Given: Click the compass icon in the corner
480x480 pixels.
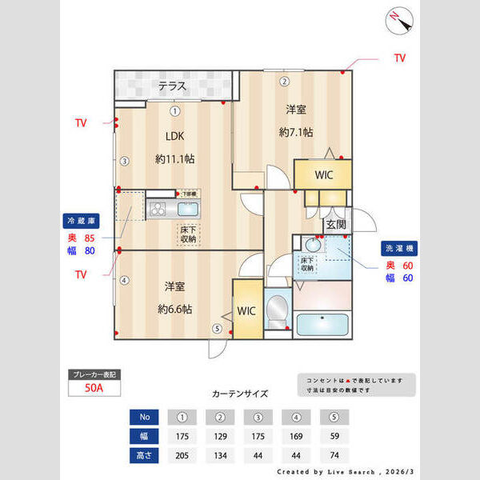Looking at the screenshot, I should [398, 19].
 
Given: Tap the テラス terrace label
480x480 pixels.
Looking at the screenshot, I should [172, 86].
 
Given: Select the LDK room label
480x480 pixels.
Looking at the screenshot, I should [175, 135].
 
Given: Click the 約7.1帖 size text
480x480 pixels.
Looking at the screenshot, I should [295, 132].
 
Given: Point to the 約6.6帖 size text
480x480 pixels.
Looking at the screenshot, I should [174, 309].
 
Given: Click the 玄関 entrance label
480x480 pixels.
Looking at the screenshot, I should [335, 226].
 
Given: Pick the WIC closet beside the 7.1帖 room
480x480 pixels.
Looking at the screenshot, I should [324, 174].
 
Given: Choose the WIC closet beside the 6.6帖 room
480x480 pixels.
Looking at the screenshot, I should [246, 310].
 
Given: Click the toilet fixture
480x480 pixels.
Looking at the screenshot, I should [277, 309].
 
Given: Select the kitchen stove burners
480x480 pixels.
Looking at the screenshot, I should [158, 210].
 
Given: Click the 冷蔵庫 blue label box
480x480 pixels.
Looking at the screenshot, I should [80, 220].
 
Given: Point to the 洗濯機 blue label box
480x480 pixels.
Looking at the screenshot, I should [398, 248].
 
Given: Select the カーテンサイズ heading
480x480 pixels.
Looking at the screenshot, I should [240, 394].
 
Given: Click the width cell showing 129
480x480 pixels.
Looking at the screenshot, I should [220, 437].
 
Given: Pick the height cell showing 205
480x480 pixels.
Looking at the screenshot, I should [182, 456].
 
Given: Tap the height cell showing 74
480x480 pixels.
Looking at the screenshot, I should [334, 456].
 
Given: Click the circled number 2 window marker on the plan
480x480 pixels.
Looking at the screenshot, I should [283, 81].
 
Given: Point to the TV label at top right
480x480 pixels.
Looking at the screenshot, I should [399, 58].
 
